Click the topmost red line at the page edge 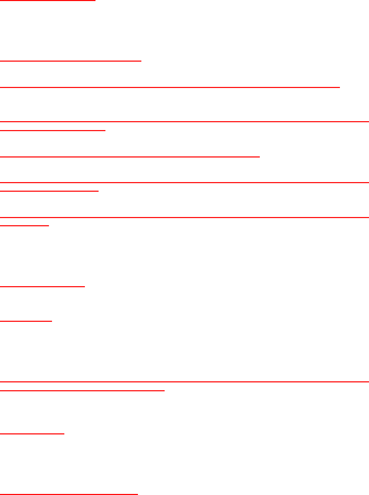(x=48, y=0)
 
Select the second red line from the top (x=71, y=61)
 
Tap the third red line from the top (x=170, y=87)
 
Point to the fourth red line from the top (x=185, y=122)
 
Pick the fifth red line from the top (x=53, y=130)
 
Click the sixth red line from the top (x=130, y=156)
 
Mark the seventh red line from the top (x=185, y=182)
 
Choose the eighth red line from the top (x=49, y=191)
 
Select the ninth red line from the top (x=185, y=217)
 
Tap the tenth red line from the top (x=25, y=225)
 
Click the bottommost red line (x=69, y=494)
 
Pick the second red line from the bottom (x=32, y=434)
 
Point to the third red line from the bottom (x=82, y=390)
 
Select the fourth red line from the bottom (x=185, y=382)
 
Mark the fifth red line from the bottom (x=26, y=321)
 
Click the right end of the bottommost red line (x=137, y=494)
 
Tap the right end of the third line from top (x=339, y=87)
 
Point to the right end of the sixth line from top (x=259, y=156)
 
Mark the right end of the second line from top (x=141, y=61)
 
